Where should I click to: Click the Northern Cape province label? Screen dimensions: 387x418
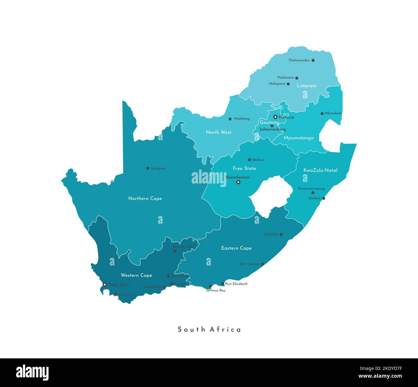pos(145,199)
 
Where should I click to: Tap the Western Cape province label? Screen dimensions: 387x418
pos(136,275)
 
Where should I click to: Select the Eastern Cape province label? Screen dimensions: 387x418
pos(236,248)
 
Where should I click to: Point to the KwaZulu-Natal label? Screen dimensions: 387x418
pos(320,170)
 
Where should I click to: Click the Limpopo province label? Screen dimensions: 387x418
pos(306,85)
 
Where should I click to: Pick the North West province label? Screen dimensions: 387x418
pos(219,132)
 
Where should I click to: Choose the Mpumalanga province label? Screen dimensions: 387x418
pos(298,138)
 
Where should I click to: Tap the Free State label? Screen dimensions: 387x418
pos(244,168)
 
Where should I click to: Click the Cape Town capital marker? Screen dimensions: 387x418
pos(104,284)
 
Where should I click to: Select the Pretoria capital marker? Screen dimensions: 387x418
pos(275,117)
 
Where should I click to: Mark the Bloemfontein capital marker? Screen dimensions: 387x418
pos(238,182)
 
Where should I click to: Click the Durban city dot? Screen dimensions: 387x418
pos(323,198)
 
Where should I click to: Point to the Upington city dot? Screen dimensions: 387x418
pos(148,168)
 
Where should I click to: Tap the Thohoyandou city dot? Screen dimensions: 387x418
pos(313,60)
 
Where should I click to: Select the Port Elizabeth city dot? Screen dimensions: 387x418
pos(223,284)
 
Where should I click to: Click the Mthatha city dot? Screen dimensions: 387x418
pos(281,235)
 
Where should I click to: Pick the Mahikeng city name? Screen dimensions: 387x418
pos(242,119)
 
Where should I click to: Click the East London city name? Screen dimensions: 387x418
pos(249,264)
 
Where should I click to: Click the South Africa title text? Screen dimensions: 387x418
pos(209,329)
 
